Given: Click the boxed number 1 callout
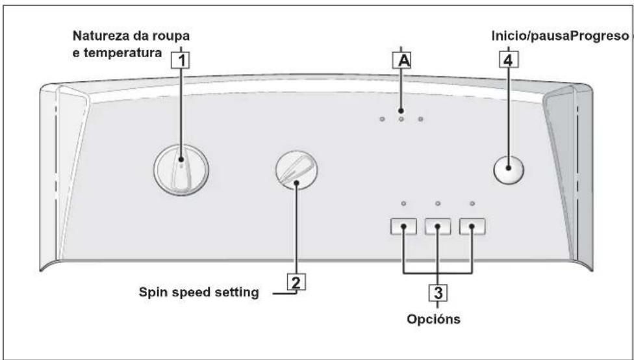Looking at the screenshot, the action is tap(181, 60).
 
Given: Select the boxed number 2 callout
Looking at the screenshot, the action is tap(296, 282).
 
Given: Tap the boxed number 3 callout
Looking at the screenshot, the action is tap(438, 292).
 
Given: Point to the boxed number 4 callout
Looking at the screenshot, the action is tap(508, 60).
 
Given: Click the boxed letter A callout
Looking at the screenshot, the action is tap(402, 60).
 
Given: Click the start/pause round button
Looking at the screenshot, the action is tap(509, 169).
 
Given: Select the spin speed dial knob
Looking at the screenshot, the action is tap(296, 170).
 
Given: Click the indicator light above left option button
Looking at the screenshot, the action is tap(403, 203).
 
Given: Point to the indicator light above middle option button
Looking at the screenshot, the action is tap(438, 203).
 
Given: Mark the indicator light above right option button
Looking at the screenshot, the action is tap(472, 203).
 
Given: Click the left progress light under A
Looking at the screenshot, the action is tap(382, 119).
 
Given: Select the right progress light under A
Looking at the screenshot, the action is tap(420, 119).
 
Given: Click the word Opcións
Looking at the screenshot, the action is tap(433, 320).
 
